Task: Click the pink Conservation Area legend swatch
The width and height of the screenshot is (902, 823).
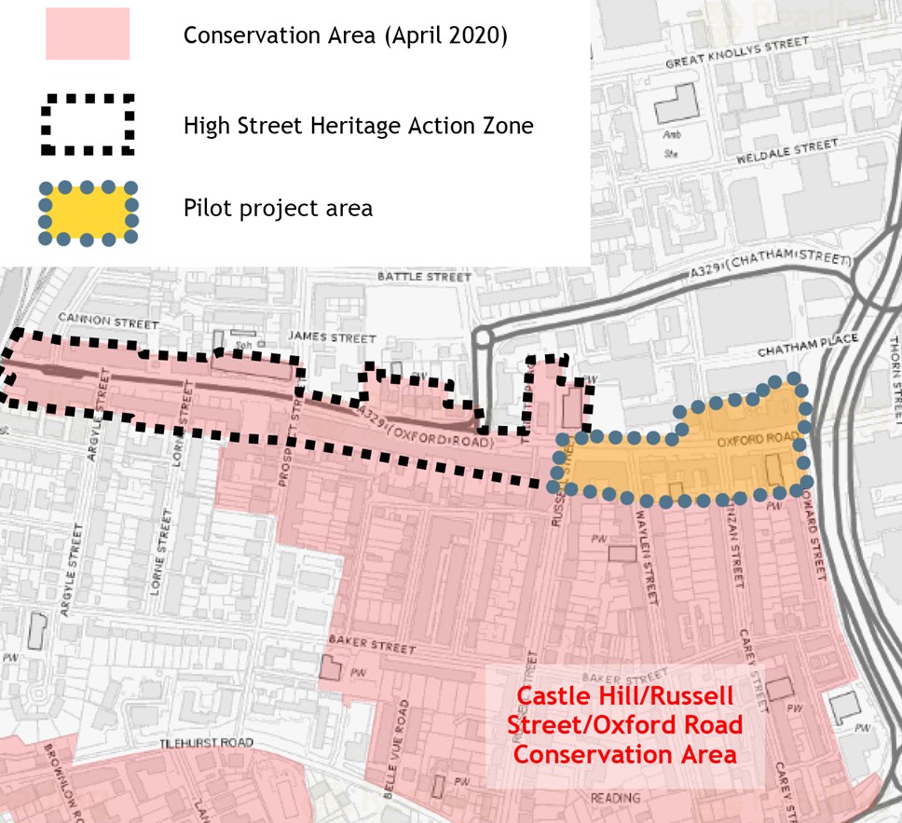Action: pos(87,35)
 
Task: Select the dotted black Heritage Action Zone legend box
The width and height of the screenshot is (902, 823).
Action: pos(87,124)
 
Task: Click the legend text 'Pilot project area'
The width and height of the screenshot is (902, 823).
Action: pos(278,208)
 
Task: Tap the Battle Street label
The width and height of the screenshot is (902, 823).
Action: pos(424,277)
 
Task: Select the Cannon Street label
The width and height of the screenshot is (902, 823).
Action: pos(107,321)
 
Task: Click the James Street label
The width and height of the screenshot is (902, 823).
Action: pos(333,337)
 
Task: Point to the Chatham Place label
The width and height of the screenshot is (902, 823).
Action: pos(807,346)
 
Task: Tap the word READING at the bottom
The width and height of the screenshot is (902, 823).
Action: pos(616,798)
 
